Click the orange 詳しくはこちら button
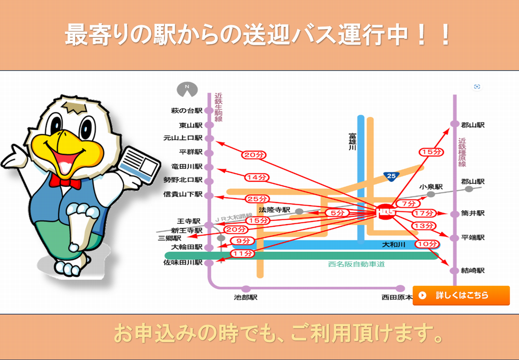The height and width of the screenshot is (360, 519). tap(461, 295)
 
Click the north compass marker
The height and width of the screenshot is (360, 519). tap(187, 89)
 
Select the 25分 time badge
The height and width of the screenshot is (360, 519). tap(257, 199)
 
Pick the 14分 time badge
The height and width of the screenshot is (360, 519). tap(257, 178)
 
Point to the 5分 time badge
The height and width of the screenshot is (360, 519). tap(337, 213)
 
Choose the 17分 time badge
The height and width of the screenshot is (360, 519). tap(424, 213)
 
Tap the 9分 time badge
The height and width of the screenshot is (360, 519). tap(243, 241)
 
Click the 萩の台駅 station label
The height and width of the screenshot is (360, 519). tap(187, 111)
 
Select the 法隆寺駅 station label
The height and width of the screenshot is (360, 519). tap(275, 210)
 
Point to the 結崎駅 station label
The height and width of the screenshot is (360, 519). tap(472, 271)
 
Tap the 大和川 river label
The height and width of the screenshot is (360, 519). tap(393, 245)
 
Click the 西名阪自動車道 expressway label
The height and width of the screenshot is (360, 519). tap(357, 264)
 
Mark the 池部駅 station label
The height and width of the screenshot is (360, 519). tap(245, 297)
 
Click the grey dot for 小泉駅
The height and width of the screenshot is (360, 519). tap(431, 195)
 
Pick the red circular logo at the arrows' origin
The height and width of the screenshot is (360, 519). tap(386, 212)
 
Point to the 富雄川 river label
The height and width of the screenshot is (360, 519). tap(352, 142)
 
